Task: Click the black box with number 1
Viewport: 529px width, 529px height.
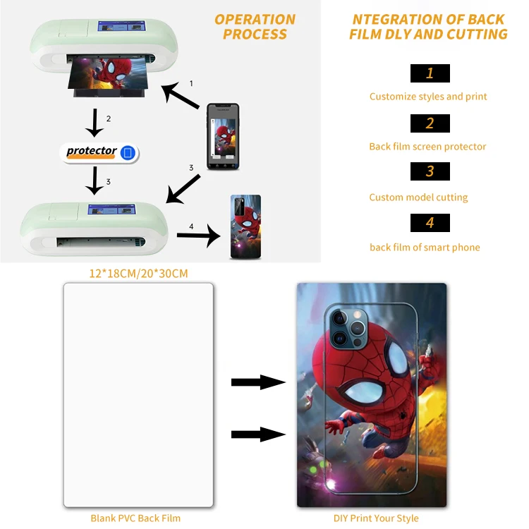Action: pos(430,73)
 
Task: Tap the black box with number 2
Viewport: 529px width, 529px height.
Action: pos(430,123)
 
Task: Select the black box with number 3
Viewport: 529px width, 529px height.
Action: pos(430,171)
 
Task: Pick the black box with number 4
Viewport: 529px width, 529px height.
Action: pos(430,223)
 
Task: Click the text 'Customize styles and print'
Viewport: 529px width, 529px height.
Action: pos(428,97)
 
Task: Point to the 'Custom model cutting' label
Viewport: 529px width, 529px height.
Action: pos(418,197)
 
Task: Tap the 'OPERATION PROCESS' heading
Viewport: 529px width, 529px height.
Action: pos(255,27)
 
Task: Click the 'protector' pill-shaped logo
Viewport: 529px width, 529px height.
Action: pos(99,153)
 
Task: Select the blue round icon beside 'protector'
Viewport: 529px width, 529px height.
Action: pos(128,152)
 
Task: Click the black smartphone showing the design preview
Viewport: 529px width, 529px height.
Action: pos(223,136)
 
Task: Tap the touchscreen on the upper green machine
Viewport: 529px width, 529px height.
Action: pos(122,26)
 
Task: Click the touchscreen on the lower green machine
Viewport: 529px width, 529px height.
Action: pos(111,209)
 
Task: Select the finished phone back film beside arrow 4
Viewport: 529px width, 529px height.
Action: pos(245,226)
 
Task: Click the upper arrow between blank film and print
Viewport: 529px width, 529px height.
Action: pos(258,382)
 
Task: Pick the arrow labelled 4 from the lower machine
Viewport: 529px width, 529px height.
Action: pos(199,235)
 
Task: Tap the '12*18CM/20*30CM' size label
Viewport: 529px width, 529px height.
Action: pos(138,273)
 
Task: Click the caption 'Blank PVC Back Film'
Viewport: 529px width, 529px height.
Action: pos(135,518)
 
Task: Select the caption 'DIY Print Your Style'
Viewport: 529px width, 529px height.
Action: pos(376,518)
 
